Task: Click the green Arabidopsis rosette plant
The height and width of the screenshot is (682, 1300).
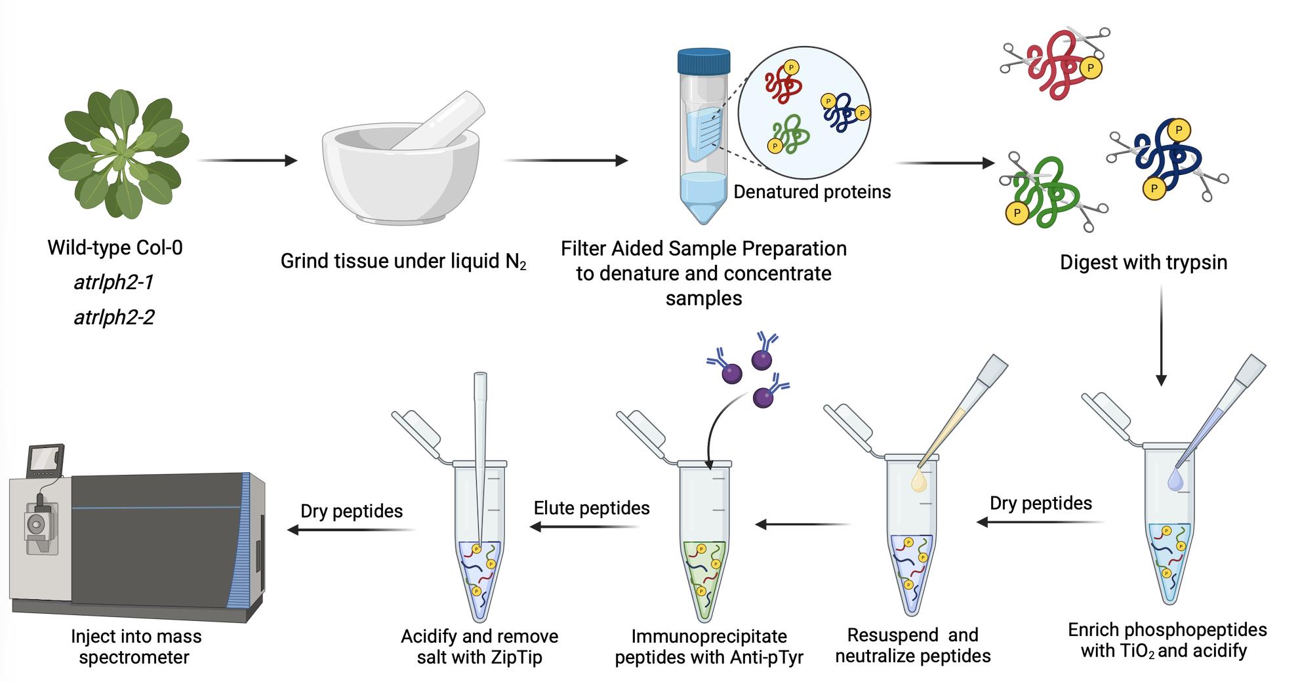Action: tap(119, 155)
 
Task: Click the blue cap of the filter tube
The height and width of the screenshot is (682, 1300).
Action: tap(703, 60)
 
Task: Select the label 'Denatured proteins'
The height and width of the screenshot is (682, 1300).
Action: tap(812, 191)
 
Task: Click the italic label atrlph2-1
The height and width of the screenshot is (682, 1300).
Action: tap(113, 283)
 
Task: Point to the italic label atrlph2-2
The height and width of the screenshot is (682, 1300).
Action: tap(114, 317)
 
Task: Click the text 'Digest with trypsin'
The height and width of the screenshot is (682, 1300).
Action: tap(1143, 262)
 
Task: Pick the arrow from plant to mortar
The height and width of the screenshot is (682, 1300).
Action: tap(247, 160)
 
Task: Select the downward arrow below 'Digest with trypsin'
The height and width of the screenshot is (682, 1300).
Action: tap(1161, 335)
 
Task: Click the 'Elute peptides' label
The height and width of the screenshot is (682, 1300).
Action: tap(592, 508)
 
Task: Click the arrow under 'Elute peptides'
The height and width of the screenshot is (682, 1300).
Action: tap(584, 526)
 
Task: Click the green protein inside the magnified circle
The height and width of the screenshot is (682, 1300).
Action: tap(790, 134)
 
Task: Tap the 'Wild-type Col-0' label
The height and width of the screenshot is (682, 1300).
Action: tap(115, 248)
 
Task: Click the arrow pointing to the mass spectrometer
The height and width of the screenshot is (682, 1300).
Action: tap(352, 529)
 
